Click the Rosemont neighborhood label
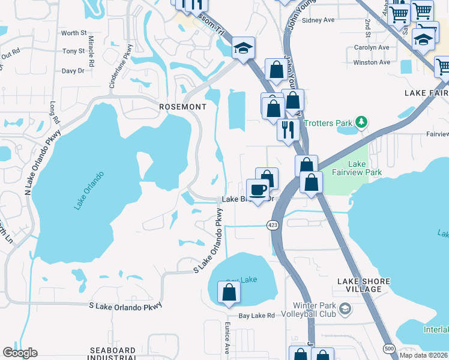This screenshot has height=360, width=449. click(182, 107)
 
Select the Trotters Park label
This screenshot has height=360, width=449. click(328, 124)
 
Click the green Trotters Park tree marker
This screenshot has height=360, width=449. click(361, 123)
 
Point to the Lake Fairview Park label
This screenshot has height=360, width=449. click(365, 168)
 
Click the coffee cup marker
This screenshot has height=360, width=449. click(258, 190)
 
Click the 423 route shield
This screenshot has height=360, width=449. click(273, 225)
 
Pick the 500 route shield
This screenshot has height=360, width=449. click(390, 347)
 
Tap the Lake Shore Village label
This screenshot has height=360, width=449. click(364, 285)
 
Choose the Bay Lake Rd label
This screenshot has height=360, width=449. click(256, 316)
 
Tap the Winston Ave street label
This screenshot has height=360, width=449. click(372, 62)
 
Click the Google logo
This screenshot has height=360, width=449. click(20, 353)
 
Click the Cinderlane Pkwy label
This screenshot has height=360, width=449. click(119, 71)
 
